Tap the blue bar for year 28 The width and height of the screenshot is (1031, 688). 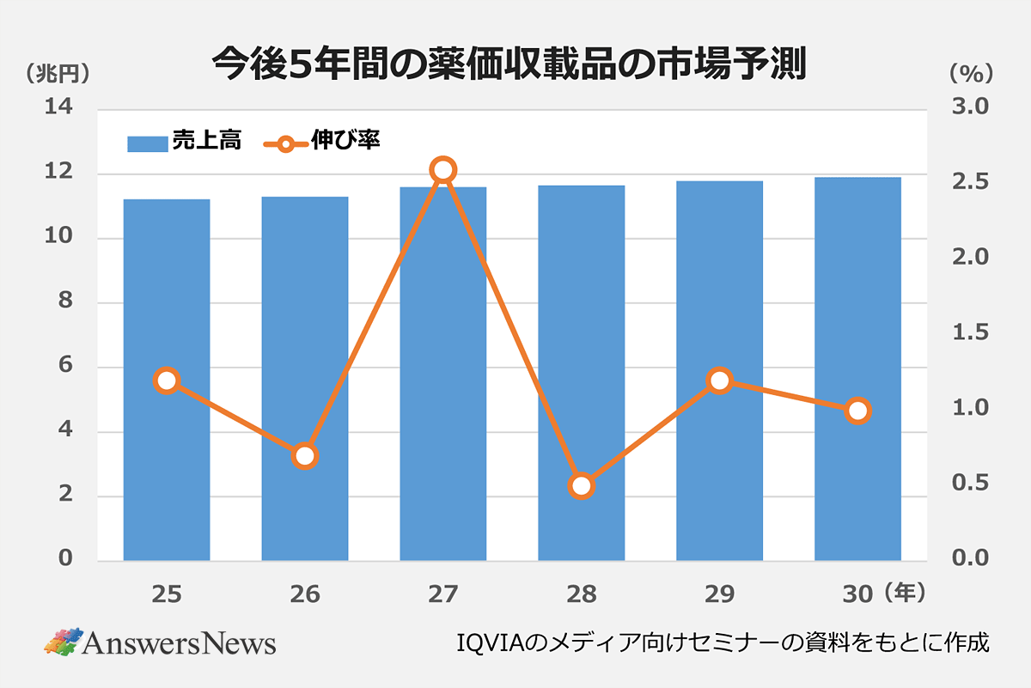click(582, 373)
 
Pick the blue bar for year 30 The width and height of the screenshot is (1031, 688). click(857, 368)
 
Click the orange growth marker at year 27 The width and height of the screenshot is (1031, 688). click(443, 170)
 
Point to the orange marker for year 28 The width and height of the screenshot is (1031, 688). click(582, 486)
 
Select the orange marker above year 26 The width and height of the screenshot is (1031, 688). click(305, 456)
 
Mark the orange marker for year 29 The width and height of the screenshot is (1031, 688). click(720, 381)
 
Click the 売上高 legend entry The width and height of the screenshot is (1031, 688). click(184, 142)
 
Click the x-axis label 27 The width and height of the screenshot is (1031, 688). click(443, 594)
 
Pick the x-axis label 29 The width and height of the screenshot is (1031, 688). click(720, 594)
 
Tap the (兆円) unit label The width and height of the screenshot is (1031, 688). click(58, 73)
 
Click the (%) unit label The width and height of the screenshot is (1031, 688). click(971, 73)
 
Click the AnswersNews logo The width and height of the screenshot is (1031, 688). click(160, 642)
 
